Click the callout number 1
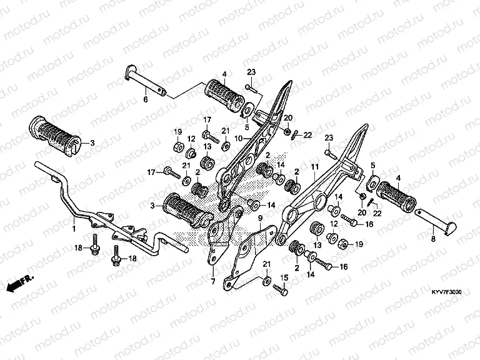(73, 229)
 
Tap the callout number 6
(146, 99)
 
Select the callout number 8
(432, 239)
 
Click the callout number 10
(238, 137)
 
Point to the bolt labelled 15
(280, 289)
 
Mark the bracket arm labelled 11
(325, 181)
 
